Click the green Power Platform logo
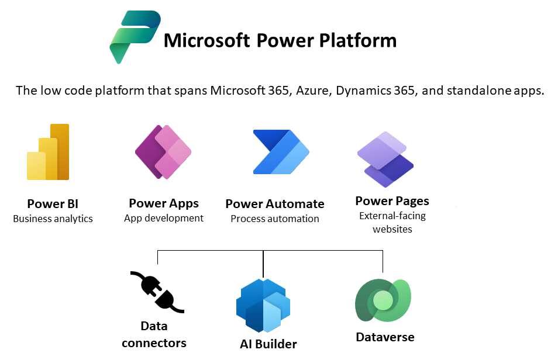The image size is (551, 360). click(x=135, y=37)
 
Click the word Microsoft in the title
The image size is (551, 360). click(x=206, y=40)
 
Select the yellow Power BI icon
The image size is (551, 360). click(x=48, y=152)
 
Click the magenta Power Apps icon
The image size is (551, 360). click(x=163, y=152)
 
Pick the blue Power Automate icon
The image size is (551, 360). click(x=281, y=152)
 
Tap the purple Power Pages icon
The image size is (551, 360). click(x=385, y=159)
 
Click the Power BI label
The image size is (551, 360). click(x=53, y=204)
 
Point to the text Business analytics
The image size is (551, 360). click(x=53, y=219)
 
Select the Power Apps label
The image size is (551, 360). click(x=164, y=203)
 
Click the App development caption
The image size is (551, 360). click(x=164, y=218)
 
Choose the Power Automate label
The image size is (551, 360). click(x=275, y=204)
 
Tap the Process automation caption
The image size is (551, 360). click(x=275, y=219)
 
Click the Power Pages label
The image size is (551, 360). click(x=392, y=201)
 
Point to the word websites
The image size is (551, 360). click(x=392, y=229)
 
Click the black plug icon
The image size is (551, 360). click(x=157, y=292)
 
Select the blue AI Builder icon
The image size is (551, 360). click(x=263, y=306)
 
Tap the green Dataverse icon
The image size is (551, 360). click(x=383, y=300)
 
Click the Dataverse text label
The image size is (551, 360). click(x=385, y=337)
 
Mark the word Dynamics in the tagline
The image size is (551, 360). click(x=363, y=91)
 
